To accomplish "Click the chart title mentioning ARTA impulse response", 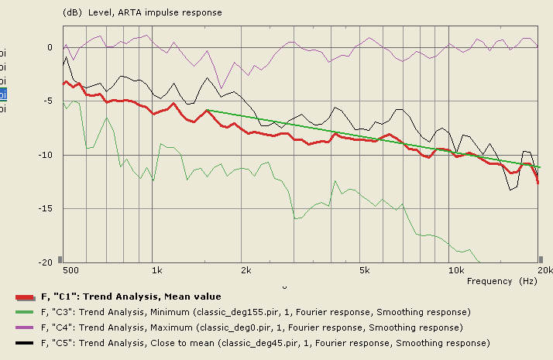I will tap(142, 12).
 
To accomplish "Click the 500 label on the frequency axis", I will tap(70, 271).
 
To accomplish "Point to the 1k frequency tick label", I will tap(156, 271).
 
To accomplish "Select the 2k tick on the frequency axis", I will tap(246, 271).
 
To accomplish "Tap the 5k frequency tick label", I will tap(365, 271).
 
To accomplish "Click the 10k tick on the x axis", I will tap(456, 271).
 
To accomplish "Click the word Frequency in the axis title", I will tap(489, 281).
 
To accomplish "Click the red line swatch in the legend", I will tap(25, 297).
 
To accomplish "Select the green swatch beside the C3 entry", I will tap(25, 312).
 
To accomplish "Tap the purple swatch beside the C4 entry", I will tap(25, 327).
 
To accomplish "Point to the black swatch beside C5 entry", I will tap(25, 343).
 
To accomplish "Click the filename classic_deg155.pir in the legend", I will tap(230, 312).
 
